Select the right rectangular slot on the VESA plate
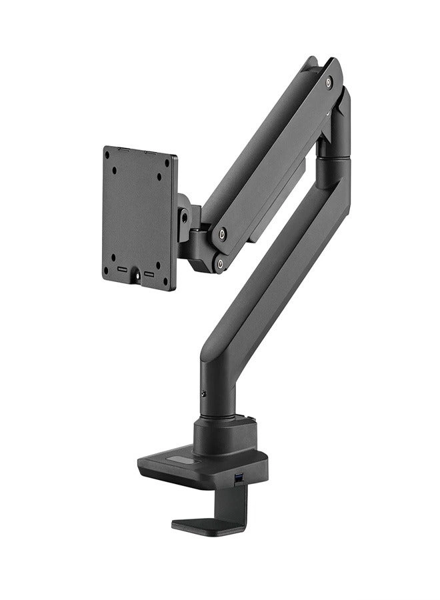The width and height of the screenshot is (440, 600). (x=149, y=273)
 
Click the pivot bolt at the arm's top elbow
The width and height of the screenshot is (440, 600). (x=328, y=83)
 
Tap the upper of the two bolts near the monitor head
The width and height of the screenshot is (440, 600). (x=222, y=234)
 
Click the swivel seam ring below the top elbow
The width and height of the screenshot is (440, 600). (x=333, y=157)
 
